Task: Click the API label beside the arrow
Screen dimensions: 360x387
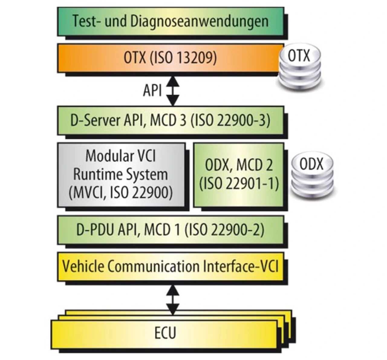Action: coord(152,90)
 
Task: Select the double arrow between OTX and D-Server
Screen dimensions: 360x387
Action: coord(173,90)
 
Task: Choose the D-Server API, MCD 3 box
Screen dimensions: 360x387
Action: coord(170,120)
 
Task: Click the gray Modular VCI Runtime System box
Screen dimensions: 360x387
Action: coord(121,175)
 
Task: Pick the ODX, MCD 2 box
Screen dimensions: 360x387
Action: coord(239,175)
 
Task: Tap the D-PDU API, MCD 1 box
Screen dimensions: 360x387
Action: coord(170,230)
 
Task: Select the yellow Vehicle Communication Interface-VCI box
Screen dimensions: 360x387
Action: coord(170,266)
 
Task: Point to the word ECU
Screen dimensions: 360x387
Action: coord(165,333)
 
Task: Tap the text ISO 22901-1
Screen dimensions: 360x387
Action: coord(239,183)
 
